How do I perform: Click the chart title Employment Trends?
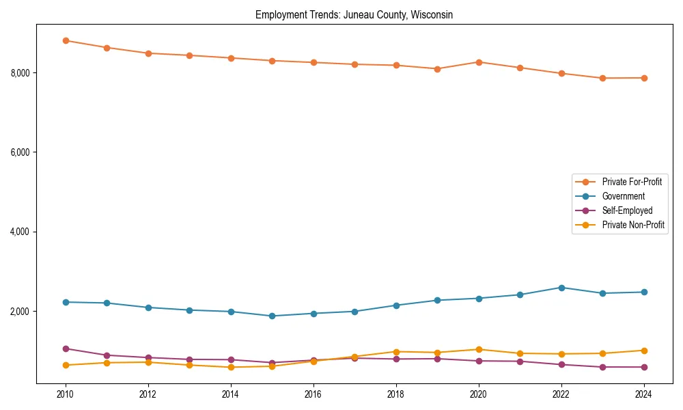click(x=354, y=14)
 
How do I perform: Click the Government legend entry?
click(x=623, y=196)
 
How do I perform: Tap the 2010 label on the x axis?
click(x=66, y=394)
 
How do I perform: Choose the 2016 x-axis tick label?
click(x=313, y=394)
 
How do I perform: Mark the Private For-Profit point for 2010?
click(x=66, y=40)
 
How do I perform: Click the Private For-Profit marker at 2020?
click(x=479, y=62)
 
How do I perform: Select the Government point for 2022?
click(x=561, y=288)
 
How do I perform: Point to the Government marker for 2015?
click(x=272, y=316)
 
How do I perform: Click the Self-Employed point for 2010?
click(x=66, y=348)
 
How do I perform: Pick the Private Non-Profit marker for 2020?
click(x=479, y=349)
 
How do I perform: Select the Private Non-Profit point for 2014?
click(x=231, y=367)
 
